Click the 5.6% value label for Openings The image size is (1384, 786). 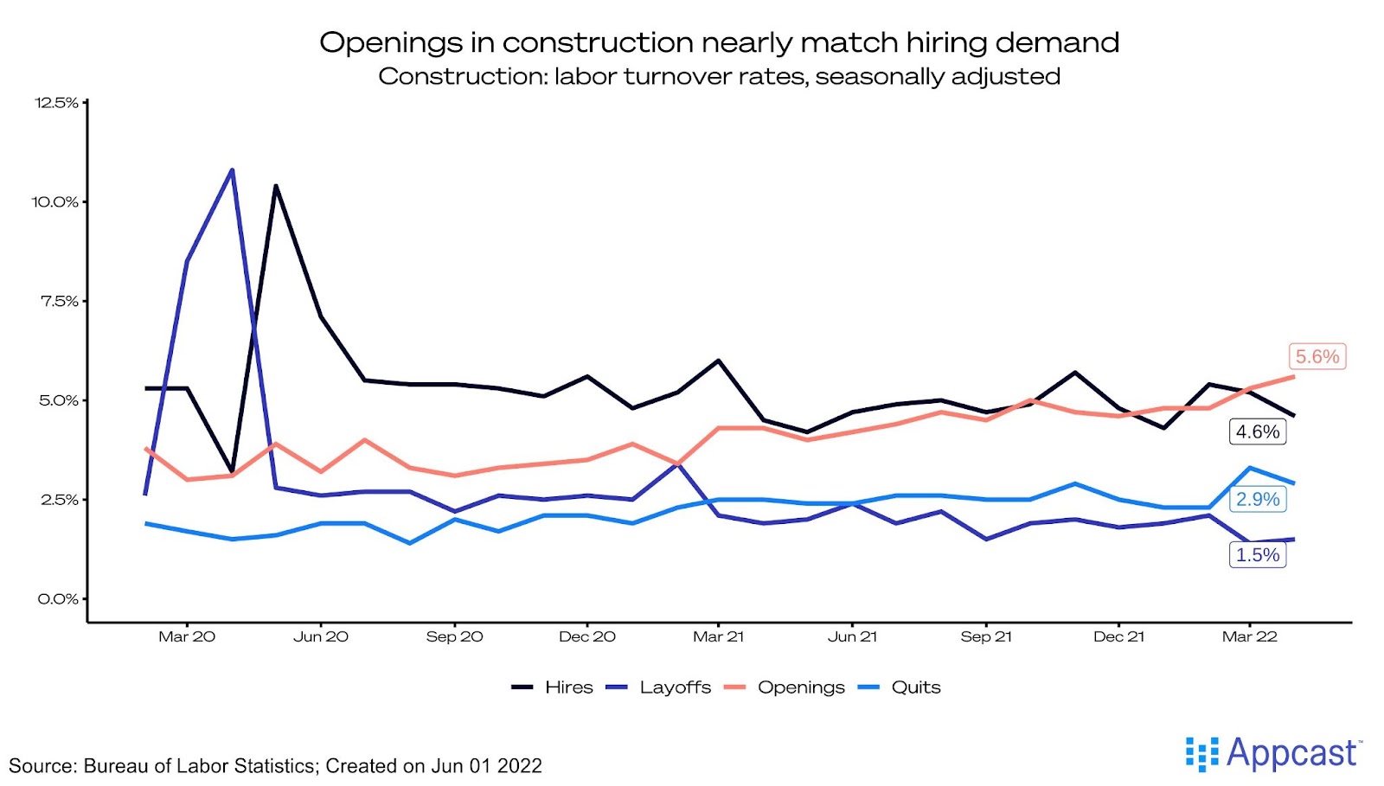point(1317,356)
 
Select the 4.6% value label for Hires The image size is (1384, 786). point(1257,431)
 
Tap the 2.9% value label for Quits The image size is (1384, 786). point(1257,499)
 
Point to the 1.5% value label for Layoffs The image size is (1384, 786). point(1257,555)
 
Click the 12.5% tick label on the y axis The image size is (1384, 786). point(56,103)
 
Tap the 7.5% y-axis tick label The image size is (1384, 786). point(59,301)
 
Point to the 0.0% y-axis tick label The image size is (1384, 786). point(58,598)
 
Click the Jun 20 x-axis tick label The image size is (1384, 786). point(321,636)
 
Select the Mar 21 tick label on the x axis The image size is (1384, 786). point(718,636)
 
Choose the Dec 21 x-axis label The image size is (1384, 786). point(1118,636)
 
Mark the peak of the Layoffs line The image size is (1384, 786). point(232,170)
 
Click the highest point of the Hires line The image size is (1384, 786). point(276,186)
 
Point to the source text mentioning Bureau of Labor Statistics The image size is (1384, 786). point(275,766)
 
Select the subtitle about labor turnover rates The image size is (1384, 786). point(719,76)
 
